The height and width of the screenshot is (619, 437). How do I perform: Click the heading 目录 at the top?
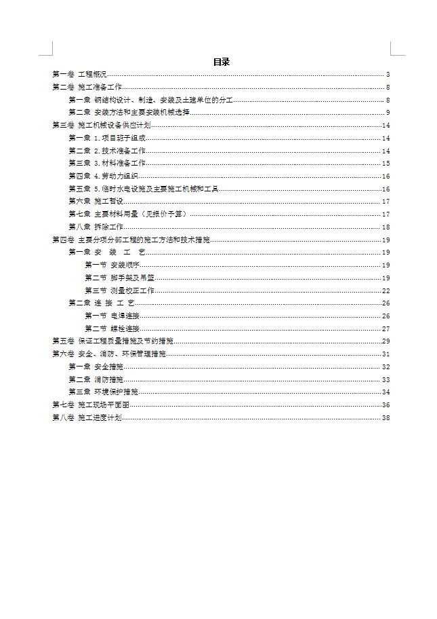click(222, 62)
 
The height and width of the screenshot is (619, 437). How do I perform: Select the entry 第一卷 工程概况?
click(79, 75)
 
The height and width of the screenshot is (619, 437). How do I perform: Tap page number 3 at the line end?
click(388, 75)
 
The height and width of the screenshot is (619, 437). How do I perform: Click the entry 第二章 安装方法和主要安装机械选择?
click(129, 113)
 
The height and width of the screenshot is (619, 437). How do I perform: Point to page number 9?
click(388, 113)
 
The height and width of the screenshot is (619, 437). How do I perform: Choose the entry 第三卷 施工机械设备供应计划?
click(101, 126)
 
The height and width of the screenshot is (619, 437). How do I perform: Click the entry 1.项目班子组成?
click(119, 138)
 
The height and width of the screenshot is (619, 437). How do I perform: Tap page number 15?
click(386, 164)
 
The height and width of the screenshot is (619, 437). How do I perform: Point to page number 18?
click(386, 227)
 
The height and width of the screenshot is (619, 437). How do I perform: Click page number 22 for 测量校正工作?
click(386, 290)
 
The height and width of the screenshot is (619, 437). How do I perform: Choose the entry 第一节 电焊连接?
click(112, 316)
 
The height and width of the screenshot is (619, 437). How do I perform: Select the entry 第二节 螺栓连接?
click(112, 329)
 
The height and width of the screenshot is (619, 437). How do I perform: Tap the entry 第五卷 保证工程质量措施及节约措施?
click(112, 341)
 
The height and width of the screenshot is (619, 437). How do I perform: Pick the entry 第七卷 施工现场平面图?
click(91, 405)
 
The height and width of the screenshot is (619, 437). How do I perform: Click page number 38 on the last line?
click(386, 418)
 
